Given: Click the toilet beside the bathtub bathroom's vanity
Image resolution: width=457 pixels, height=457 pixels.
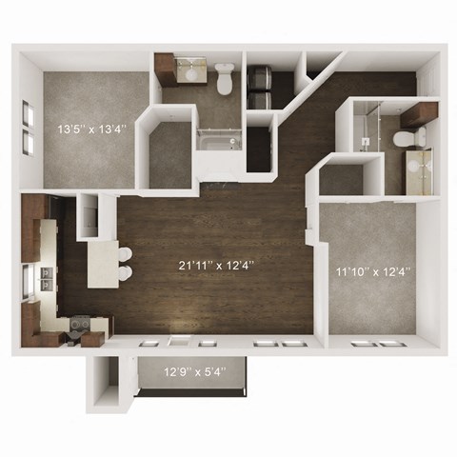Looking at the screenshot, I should [x=225, y=79].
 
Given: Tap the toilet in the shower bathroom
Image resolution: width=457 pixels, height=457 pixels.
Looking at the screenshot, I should [x=407, y=139].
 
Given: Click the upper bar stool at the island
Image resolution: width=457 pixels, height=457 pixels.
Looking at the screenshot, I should [x=125, y=255].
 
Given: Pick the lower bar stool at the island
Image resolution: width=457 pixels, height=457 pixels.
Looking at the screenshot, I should [x=125, y=275].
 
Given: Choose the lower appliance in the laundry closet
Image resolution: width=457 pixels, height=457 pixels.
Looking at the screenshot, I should [x=259, y=98].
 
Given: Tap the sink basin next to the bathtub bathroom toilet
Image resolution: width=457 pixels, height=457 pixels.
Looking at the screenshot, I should [x=194, y=68].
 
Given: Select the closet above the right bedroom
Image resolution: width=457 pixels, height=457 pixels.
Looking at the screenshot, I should [x=341, y=179].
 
